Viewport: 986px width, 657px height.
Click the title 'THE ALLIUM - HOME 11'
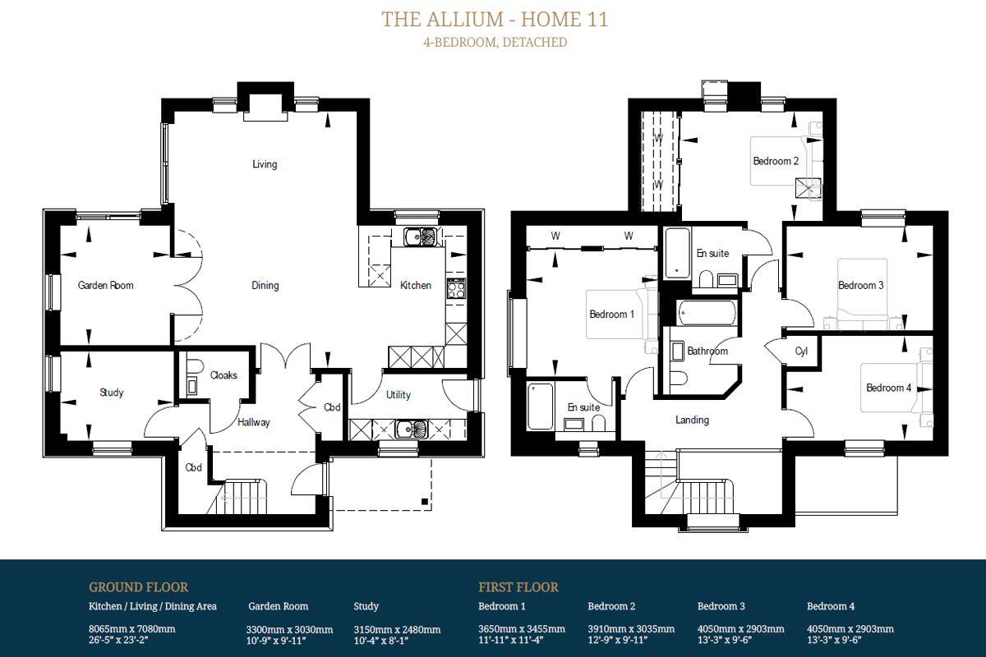(x=495, y=20)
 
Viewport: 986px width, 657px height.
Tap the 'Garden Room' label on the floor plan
(x=106, y=285)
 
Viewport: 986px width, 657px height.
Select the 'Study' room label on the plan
(x=112, y=392)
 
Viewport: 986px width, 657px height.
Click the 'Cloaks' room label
(x=223, y=375)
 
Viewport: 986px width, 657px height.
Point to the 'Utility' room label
(x=399, y=395)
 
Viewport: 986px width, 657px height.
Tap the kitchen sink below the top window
(x=420, y=237)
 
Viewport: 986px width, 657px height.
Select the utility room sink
(x=411, y=430)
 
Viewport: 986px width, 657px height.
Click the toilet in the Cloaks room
(x=195, y=366)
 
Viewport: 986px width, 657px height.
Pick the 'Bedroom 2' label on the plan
(x=776, y=161)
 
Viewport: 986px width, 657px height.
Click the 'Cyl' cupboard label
(x=801, y=351)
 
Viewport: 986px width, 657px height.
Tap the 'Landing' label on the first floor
(x=692, y=420)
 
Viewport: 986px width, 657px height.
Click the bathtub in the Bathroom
(x=707, y=312)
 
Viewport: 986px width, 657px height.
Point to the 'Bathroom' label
(x=707, y=351)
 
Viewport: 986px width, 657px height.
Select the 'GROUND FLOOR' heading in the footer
(x=138, y=587)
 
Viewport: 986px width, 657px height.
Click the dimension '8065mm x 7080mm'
(x=132, y=629)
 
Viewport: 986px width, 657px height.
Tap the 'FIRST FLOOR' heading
(x=518, y=587)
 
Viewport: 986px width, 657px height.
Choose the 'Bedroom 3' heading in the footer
(x=721, y=606)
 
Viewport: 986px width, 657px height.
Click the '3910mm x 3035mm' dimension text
(x=631, y=629)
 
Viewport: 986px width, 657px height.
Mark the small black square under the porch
(x=425, y=501)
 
